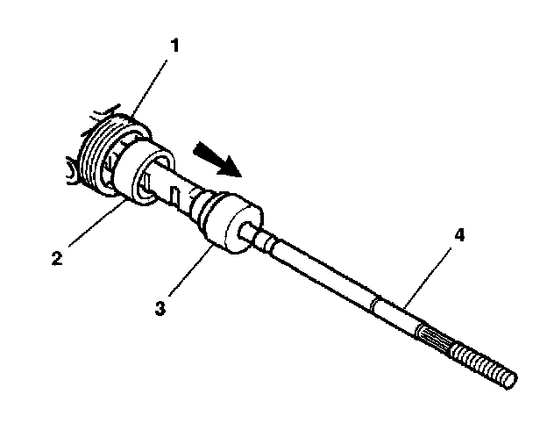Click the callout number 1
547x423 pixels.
click(174, 46)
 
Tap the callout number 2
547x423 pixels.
click(57, 258)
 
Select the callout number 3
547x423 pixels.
click(160, 308)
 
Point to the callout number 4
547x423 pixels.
click(460, 235)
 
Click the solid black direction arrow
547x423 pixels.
click(217, 159)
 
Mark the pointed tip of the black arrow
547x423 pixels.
click(241, 176)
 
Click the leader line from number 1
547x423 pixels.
click(149, 88)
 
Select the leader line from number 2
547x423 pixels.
click(97, 222)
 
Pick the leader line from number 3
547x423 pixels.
click(191, 270)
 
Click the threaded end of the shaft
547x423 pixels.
click(484, 365)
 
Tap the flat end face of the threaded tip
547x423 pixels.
click(511, 380)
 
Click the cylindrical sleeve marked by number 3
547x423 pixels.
click(231, 223)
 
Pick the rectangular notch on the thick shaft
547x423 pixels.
click(175, 196)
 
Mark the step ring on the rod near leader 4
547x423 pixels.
click(374, 305)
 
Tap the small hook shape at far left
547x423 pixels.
click(73, 172)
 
